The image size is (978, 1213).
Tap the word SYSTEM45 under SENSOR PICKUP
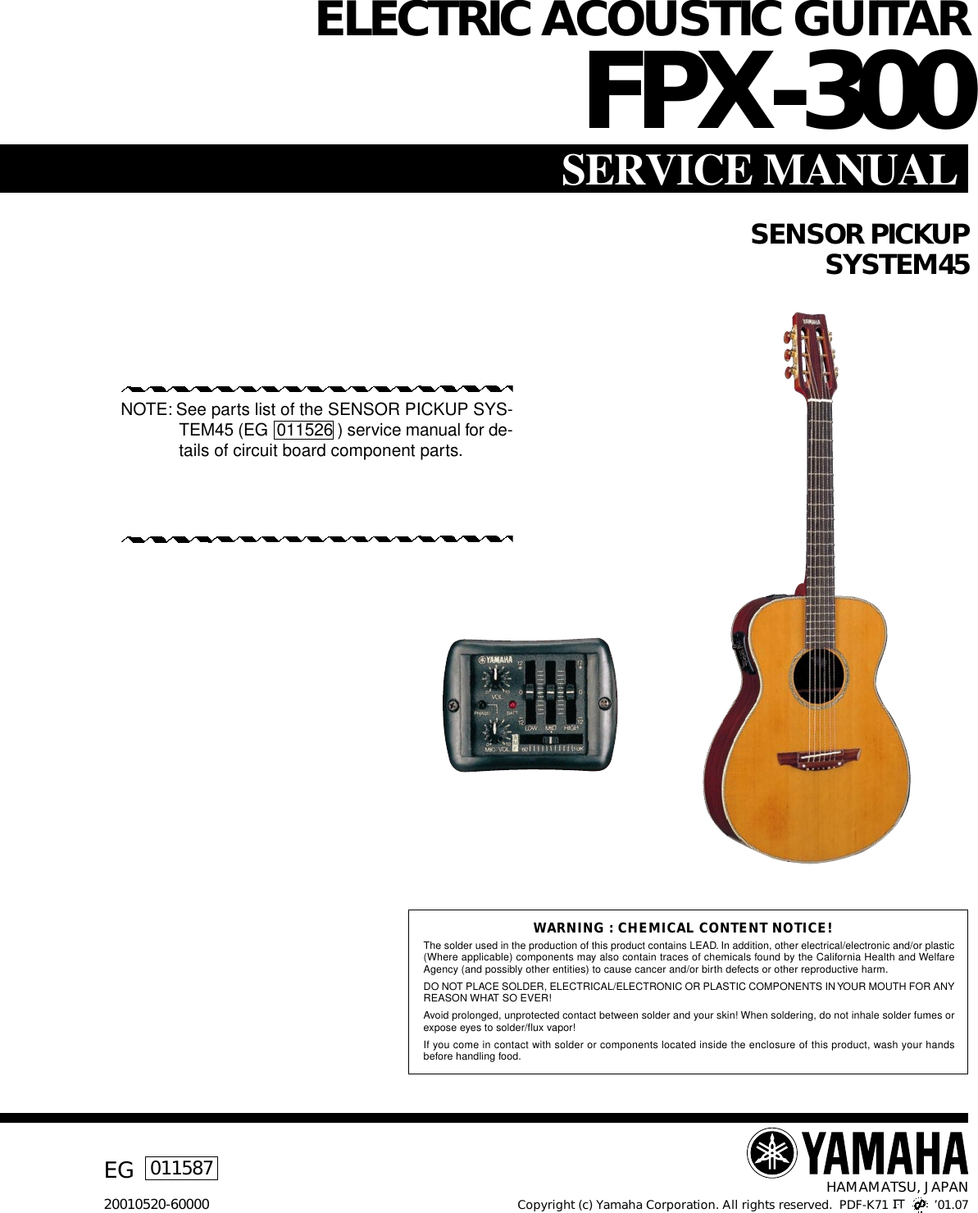[897, 266]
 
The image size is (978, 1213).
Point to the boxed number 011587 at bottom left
[182, 1167]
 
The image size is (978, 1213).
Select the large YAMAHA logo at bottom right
[857, 1153]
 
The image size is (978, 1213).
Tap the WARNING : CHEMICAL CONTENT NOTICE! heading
[683, 928]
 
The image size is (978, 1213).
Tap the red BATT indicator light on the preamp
[512, 705]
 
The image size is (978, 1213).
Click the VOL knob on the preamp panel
[495, 678]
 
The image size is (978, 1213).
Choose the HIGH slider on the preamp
[568, 700]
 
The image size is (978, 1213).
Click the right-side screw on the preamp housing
[604, 703]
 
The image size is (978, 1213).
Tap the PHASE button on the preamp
[484, 705]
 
